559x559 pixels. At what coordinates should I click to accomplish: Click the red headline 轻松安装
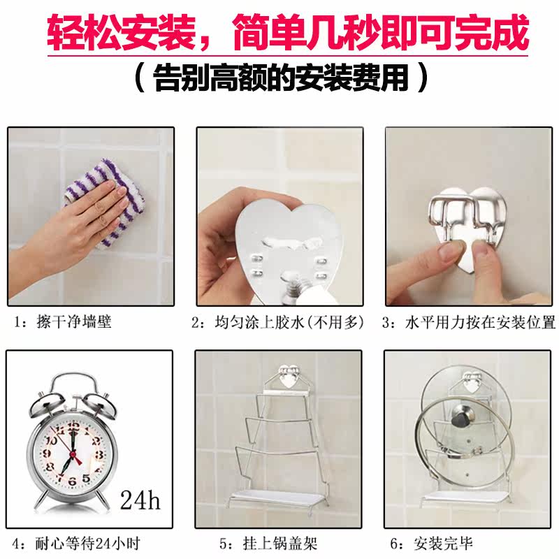click(120, 32)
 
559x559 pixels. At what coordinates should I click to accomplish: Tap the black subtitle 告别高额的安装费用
click(281, 78)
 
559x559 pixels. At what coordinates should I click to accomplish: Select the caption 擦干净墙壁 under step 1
click(74, 322)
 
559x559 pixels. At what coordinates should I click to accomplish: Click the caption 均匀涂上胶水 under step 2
click(259, 322)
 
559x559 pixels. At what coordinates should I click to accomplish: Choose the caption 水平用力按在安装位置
click(480, 322)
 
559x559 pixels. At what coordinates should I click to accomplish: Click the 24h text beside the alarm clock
click(140, 500)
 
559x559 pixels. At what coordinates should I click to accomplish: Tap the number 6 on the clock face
click(73, 481)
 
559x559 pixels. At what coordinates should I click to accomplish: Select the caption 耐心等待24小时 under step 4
click(87, 544)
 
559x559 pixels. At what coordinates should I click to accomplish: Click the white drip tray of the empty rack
click(278, 498)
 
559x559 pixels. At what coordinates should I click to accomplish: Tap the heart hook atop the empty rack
click(289, 377)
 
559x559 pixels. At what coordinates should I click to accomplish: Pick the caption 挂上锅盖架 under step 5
click(280, 544)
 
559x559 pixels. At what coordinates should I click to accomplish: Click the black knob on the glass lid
click(463, 416)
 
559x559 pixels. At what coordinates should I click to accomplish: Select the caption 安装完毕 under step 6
click(444, 544)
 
